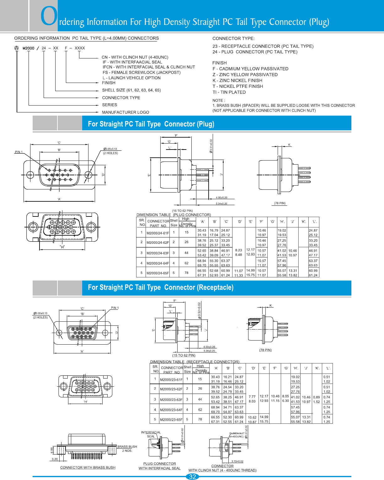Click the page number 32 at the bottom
click(192, 477)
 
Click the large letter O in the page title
click(49, 16)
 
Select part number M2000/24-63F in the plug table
click(157, 253)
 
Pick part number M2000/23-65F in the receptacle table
click(171, 419)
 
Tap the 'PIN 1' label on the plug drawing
click(19, 152)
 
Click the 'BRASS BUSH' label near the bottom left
click(127, 446)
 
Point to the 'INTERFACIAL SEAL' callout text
click(151, 434)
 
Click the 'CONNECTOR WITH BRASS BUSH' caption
click(88, 467)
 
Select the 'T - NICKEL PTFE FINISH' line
click(238, 86)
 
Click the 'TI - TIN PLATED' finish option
click(229, 92)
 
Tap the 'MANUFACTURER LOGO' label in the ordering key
click(125, 112)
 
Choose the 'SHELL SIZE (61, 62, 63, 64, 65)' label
click(131, 90)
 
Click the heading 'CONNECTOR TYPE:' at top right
click(233, 39)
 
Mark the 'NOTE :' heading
click(219, 101)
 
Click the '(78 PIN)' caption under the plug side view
click(280, 203)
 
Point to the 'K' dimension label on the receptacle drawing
click(271, 305)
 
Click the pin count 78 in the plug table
click(186, 273)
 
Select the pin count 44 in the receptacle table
click(200, 399)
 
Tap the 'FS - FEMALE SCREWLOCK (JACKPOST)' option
click(141, 73)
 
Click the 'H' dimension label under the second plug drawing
click(62, 247)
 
